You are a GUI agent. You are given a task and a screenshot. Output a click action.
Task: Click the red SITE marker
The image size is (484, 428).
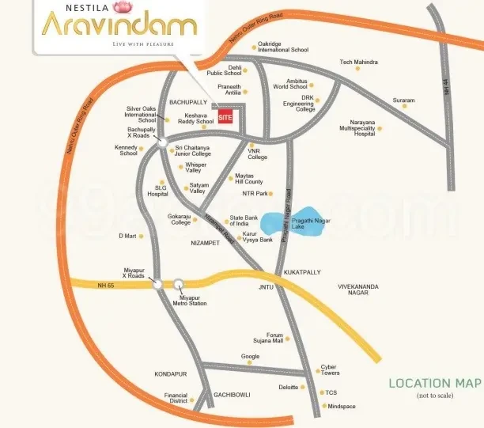(x=226, y=120)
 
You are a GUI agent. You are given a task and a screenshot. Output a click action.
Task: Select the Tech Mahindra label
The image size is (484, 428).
(x=358, y=62)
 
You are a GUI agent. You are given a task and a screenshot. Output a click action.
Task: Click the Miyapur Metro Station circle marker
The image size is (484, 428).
(x=179, y=284)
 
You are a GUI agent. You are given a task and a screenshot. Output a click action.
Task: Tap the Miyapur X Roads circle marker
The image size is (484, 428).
(x=158, y=282)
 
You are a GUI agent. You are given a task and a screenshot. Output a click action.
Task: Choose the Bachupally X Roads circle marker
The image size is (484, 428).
(x=161, y=143)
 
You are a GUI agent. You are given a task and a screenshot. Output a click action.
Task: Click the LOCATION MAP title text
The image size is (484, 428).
(x=434, y=383)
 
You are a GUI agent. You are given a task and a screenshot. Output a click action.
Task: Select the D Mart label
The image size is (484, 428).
(x=128, y=236)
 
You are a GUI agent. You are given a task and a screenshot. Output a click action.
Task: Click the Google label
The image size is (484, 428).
(x=250, y=357)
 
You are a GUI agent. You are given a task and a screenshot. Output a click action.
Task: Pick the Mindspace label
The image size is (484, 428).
(x=342, y=406)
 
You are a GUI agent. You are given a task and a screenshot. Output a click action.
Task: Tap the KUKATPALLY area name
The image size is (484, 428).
(x=302, y=271)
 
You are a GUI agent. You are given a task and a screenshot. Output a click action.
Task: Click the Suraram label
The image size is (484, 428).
(x=403, y=100)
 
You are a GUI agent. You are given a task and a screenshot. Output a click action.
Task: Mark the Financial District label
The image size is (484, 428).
(x=176, y=398)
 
